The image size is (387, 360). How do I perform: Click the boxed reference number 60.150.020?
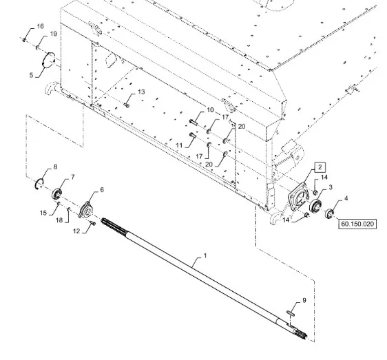pyautogui.click(x=357, y=224)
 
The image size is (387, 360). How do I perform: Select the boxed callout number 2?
pyautogui.click(x=320, y=167)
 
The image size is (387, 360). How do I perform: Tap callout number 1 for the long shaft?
pyautogui.click(x=205, y=256)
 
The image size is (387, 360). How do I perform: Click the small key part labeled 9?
pyautogui.click(x=291, y=313)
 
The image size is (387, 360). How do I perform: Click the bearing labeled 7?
pyautogui.click(x=56, y=193)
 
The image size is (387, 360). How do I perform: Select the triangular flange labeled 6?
pyautogui.click(x=85, y=210)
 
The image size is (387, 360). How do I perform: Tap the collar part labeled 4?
pyautogui.click(x=329, y=213)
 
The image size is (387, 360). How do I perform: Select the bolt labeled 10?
pyautogui.click(x=193, y=122)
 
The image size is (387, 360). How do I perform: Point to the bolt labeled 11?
pyautogui.click(x=193, y=135)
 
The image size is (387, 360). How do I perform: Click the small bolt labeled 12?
pyautogui.click(x=93, y=224)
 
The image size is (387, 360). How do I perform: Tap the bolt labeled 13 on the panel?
pyautogui.click(x=127, y=105)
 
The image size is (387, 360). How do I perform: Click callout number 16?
pyautogui.click(x=40, y=26)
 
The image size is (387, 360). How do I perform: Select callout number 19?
pyautogui.click(x=54, y=34)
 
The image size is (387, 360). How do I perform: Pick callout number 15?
pyautogui.click(x=43, y=213)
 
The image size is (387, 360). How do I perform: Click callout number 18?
pyautogui.click(x=59, y=220)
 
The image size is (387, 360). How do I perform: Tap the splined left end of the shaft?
pyautogui.click(x=114, y=226)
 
